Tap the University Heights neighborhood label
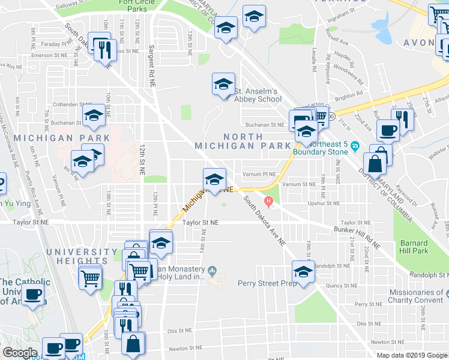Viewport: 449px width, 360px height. pyautogui.click(x=82, y=256)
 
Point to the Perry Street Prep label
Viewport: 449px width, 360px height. pyautogui.click(x=267, y=283)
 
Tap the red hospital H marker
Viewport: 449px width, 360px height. pyautogui.click(x=269, y=200)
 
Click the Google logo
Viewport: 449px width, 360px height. pyautogui.click(x=19, y=352)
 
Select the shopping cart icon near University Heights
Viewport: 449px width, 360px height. pyautogui.click(x=90, y=277)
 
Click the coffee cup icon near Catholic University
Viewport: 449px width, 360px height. pyautogui.click(x=33, y=295)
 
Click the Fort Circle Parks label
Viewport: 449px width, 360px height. pyautogui.click(x=133, y=6)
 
